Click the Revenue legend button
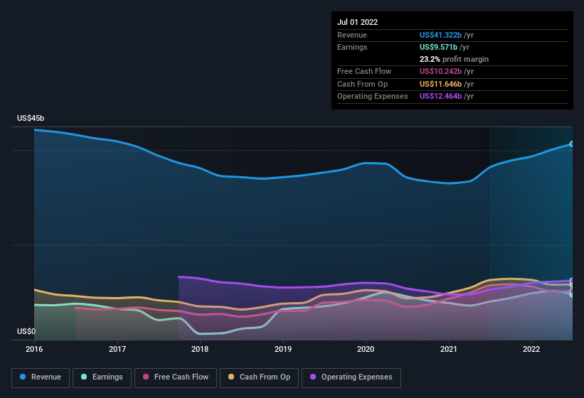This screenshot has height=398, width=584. click(x=41, y=377)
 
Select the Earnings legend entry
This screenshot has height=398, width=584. click(x=101, y=377)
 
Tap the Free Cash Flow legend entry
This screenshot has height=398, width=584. click(x=176, y=377)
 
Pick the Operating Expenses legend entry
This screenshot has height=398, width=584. click(x=351, y=377)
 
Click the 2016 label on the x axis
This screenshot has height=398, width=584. click(x=34, y=349)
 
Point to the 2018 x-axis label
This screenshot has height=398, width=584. click(x=200, y=349)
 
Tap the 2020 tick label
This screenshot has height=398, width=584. click(x=366, y=349)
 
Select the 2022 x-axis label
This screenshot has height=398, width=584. click(x=531, y=349)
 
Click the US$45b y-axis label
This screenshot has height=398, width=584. click(x=31, y=118)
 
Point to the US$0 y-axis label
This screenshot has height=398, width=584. click(x=26, y=332)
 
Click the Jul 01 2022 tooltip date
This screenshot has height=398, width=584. click(x=358, y=22)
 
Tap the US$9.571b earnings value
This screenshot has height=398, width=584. click(x=439, y=47)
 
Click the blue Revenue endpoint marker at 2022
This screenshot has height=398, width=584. click(x=572, y=144)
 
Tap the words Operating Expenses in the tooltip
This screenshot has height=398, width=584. click(x=373, y=96)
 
